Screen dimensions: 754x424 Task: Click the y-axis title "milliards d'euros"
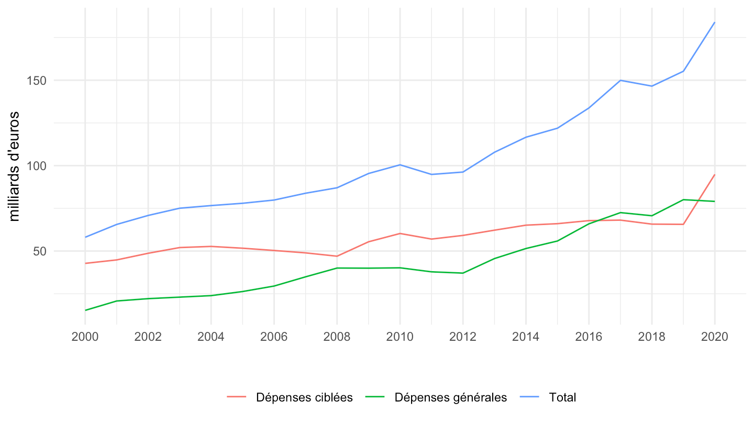15,166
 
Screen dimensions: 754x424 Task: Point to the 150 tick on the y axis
35,81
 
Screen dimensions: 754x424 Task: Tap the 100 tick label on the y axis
35,165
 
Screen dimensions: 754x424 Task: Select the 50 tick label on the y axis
39,251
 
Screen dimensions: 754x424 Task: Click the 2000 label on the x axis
85,337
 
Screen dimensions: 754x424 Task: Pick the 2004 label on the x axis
210,337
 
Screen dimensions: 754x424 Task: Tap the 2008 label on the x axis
337,337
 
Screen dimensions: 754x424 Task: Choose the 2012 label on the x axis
463,337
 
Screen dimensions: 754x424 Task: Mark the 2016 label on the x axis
589,337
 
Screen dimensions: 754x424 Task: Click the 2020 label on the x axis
715,337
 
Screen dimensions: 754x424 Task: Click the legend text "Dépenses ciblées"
304,397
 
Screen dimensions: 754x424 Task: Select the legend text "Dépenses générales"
451,397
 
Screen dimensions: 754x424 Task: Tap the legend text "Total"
562,397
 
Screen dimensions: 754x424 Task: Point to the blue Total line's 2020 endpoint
715,23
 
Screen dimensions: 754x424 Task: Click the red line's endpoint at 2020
715,175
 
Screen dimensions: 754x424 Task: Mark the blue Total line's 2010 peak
400,164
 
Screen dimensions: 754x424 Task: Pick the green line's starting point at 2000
85,310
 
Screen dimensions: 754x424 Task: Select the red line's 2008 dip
337,256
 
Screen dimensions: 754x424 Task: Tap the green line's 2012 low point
463,273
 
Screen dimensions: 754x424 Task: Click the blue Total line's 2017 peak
620,80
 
